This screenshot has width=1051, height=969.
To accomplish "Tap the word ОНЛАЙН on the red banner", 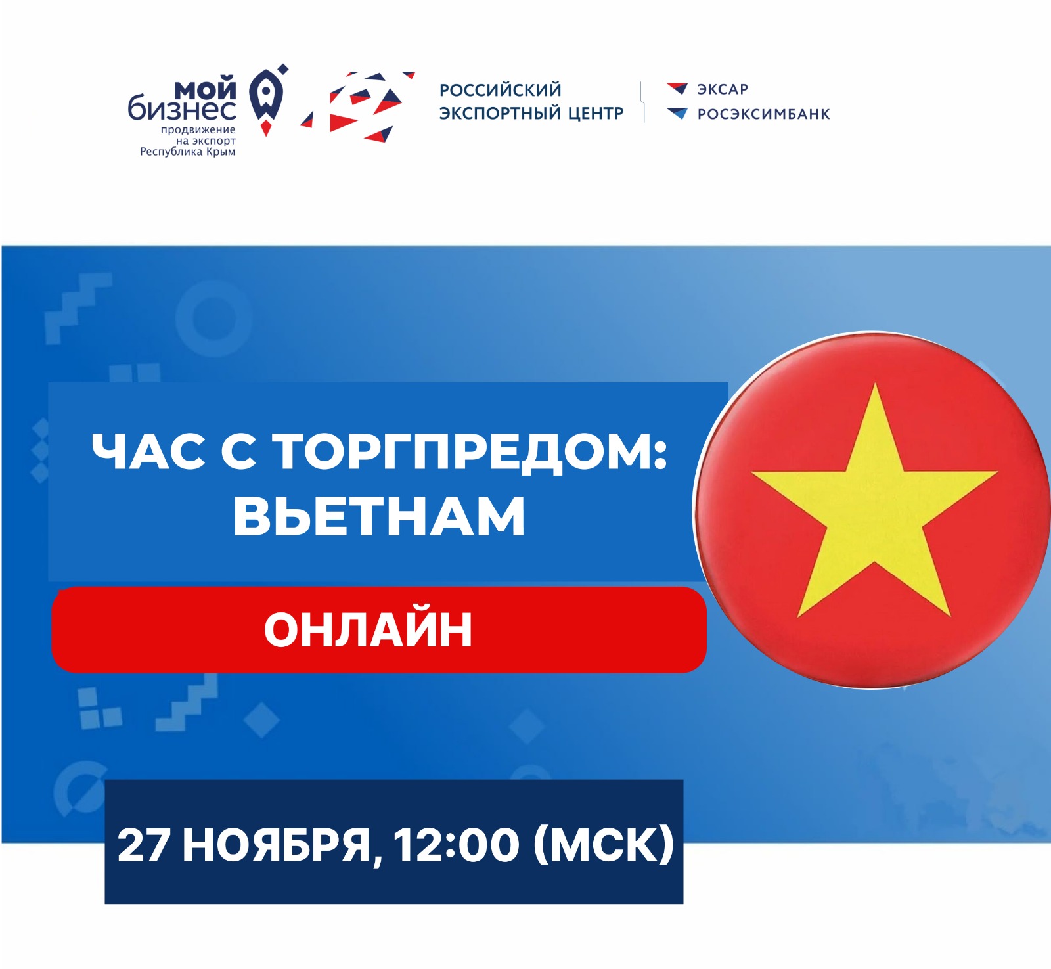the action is pos(368,629).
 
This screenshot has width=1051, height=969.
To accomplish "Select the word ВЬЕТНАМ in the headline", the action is pos(379,516).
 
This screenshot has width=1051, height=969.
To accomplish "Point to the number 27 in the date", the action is pos(144,845).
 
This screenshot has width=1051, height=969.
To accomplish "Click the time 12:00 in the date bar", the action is pos(457,845).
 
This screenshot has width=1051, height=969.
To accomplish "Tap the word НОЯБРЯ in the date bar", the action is pos(277,845).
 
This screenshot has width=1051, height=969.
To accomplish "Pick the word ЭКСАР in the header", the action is pos(723,89).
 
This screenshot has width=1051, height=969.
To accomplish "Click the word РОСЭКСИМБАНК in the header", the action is pos(764,114).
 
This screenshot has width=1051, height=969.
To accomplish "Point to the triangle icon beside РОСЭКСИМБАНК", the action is pos(677,113).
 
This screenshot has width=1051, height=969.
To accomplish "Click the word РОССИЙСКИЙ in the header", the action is pos(501,89).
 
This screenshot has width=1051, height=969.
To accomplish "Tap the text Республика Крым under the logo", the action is pos(188,152).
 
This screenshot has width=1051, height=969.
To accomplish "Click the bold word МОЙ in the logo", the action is pos(205,88).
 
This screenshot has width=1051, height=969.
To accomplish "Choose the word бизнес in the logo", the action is pos(182,108).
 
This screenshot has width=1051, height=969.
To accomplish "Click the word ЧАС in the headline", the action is pos(148,452).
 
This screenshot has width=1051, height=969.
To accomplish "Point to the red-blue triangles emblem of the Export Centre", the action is pos(358,106).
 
